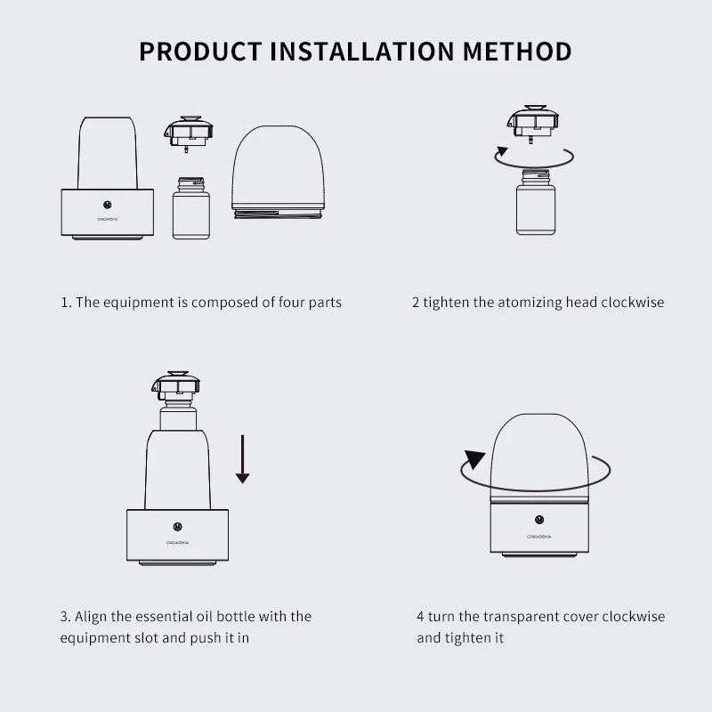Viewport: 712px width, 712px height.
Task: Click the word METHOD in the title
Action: click(518, 51)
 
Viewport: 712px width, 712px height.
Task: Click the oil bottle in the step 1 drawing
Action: click(190, 209)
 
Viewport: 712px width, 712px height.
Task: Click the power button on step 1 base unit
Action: click(107, 202)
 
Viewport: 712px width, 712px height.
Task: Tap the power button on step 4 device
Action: click(538, 519)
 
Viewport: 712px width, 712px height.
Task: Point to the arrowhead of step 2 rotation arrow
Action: click(503, 152)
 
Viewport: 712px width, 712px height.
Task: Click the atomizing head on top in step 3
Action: click(175, 386)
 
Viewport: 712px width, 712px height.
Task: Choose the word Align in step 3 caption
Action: click(93, 616)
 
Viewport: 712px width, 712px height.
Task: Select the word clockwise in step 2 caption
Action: click(633, 303)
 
